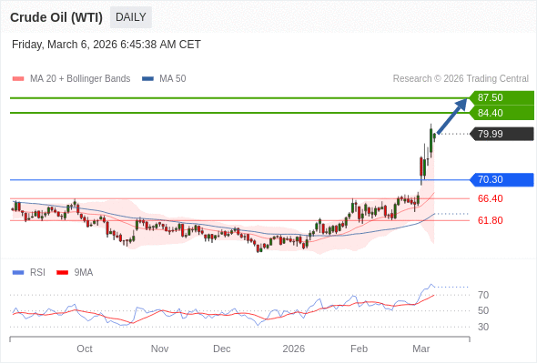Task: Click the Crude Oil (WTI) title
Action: tap(56, 17)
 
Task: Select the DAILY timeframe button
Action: tap(131, 17)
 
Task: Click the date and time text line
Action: tap(106, 45)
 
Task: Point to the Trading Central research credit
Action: tap(461, 79)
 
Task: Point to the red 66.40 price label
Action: tap(490, 198)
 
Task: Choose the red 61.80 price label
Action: tap(490, 220)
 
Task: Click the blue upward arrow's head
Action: tap(462, 103)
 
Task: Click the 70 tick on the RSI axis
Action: tap(483, 295)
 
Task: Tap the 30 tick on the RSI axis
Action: tap(483, 327)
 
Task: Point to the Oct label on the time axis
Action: tap(85, 349)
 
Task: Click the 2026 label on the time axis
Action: tap(293, 349)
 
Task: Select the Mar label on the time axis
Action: tap(420, 349)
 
